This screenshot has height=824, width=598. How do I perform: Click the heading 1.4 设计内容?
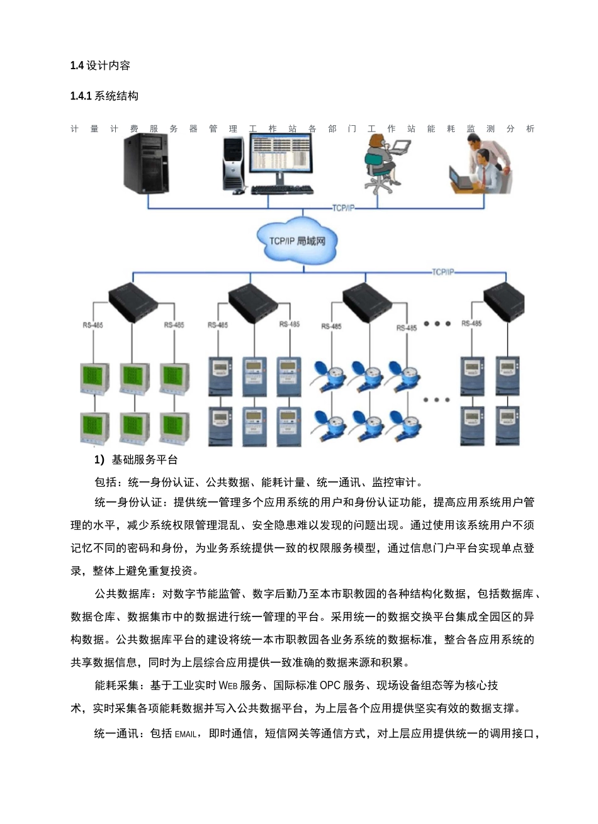(x=100, y=65)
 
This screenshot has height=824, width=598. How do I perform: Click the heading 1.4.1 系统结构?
(x=104, y=96)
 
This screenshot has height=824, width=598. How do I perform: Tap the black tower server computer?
(x=146, y=164)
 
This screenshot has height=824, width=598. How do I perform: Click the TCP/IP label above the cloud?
(x=343, y=208)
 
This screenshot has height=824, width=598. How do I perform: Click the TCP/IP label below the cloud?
(x=443, y=272)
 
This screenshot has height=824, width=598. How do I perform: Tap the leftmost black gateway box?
(x=132, y=301)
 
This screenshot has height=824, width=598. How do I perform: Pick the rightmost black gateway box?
(x=505, y=302)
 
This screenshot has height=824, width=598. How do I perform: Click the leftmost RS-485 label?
(x=93, y=325)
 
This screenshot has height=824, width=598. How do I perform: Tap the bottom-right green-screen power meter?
(x=174, y=428)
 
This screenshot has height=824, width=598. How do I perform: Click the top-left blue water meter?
(x=331, y=375)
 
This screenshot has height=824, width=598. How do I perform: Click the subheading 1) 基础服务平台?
(x=136, y=460)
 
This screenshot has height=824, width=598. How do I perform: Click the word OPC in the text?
(x=330, y=685)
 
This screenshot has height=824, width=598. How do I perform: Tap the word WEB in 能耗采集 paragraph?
(x=228, y=685)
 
